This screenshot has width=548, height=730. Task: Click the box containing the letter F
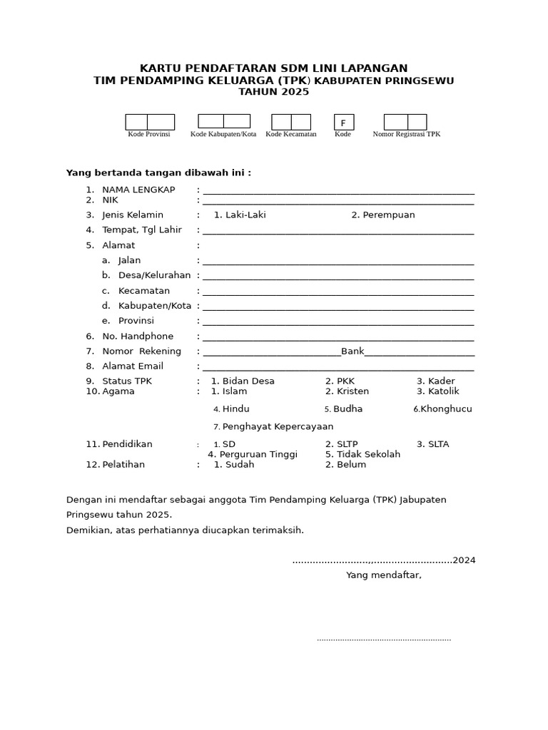pyautogui.click(x=343, y=123)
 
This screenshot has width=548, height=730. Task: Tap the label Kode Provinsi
pyautogui.click(x=149, y=134)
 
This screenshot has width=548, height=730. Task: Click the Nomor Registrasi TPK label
pyautogui.click(x=407, y=134)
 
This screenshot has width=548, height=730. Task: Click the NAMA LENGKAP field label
pyautogui.click(x=138, y=190)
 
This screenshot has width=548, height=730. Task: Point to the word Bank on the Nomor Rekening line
pyautogui.click(x=352, y=351)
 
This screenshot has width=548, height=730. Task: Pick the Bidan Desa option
pyautogui.click(x=248, y=381)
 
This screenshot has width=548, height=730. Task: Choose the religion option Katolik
pyautogui.click(x=443, y=391)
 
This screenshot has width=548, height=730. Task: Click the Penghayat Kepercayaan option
pyautogui.click(x=278, y=427)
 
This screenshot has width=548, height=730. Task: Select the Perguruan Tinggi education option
pyautogui.click(x=258, y=454)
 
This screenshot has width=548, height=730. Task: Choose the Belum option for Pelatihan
pyautogui.click(x=350, y=465)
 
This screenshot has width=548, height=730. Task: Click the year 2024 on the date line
pyautogui.click(x=464, y=560)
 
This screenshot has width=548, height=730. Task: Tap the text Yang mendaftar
pyautogui.click(x=384, y=575)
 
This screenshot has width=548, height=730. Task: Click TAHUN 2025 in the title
pyautogui.click(x=273, y=92)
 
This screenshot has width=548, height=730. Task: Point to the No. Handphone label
pyautogui.click(x=138, y=336)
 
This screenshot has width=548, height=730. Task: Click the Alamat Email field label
pyautogui.click(x=133, y=366)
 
